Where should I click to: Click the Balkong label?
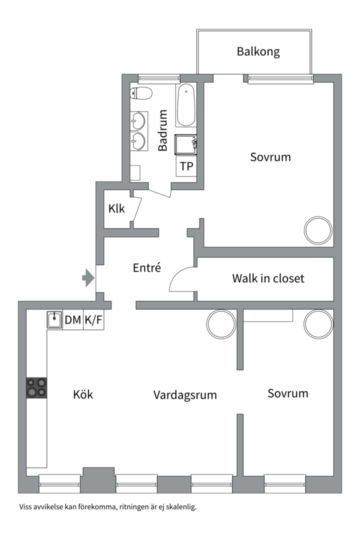click(258, 51)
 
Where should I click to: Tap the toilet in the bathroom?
click(141, 92)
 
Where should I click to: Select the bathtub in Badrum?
click(186, 105)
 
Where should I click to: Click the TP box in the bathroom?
click(186, 166)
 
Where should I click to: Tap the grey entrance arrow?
click(88, 278)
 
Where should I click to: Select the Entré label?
click(147, 268)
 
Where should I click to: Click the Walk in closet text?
click(267, 278)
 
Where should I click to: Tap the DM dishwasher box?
click(73, 320)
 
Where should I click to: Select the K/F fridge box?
click(93, 320)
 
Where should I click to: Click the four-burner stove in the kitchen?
click(37, 387)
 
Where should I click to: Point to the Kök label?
click(83, 394)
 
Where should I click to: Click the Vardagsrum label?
click(185, 395)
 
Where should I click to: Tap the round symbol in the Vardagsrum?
click(221, 323)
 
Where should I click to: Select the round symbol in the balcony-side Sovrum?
click(318, 229)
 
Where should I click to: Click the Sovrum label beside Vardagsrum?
click(287, 393)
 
